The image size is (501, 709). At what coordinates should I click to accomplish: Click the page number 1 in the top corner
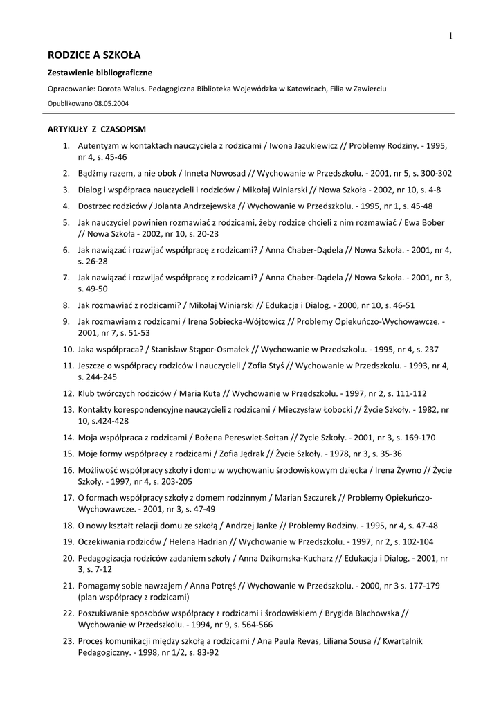(450, 35)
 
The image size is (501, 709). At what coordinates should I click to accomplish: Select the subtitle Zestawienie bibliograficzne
(100, 73)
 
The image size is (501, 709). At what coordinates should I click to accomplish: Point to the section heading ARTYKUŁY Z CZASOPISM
(96, 129)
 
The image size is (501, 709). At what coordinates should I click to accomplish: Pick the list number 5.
(66, 223)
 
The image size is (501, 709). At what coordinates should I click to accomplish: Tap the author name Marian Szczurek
(307, 498)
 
